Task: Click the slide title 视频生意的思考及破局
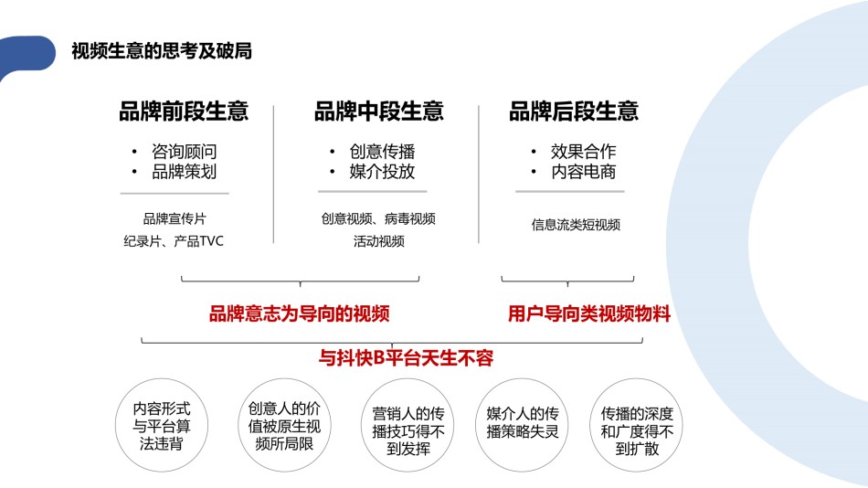(x=162, y=51)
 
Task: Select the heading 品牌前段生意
(x=184, y=111)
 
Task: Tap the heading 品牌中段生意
(x=379, y=111)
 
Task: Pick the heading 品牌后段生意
(x=574, y=111)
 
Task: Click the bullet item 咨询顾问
(x=185, y=151)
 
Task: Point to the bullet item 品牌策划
(x=185, y=172)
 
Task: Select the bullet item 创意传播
(x=382, y=151)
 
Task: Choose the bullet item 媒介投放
(x=382, y=172)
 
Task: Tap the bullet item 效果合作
(x=584, y=151)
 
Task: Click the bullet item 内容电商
(x=584, y=172)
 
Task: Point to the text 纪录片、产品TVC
(x=174, y=241)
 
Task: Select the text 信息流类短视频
(x=576, y=224)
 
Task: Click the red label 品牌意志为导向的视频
(x=300, y=313)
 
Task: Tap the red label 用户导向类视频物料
(x=589, y=313)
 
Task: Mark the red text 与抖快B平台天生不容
(x=406, y=358)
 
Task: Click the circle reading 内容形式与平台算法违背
(x=162, y=426)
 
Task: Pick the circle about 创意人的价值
(x=284, y=426)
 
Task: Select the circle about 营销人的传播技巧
(x=408, y=426)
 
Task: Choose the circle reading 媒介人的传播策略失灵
(x=522, y=426)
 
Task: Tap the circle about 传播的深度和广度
(x=637, y=426)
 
